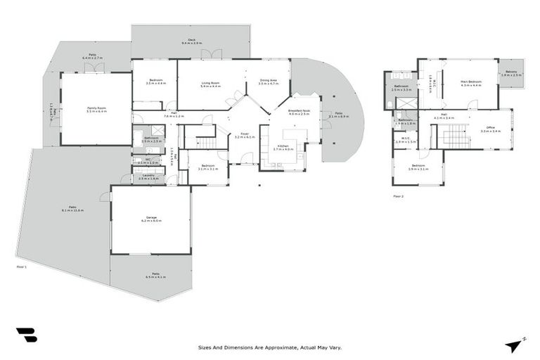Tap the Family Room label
(96, 108)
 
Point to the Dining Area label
(269, 81)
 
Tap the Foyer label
(245, 133)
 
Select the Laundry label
(149, 176)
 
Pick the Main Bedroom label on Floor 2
(470, 82)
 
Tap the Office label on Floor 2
(490, 127)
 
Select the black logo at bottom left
(27, 335)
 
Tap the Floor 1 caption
(21, 267)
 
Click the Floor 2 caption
(398, 196)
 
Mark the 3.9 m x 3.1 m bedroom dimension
(418, 169)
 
